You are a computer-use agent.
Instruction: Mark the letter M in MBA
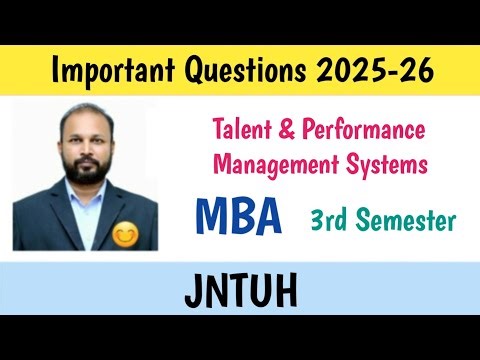211,216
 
